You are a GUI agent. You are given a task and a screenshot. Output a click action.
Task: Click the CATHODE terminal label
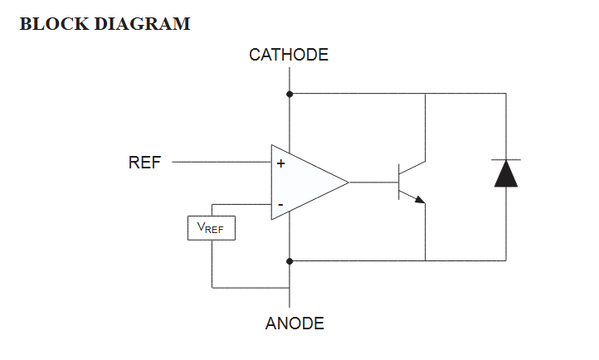click(289, 55)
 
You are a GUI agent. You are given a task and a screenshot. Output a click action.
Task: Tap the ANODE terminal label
click(295, 324)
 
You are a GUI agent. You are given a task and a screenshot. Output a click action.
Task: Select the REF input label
click(145, 163)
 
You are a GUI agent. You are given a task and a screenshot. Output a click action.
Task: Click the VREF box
click(212, 228)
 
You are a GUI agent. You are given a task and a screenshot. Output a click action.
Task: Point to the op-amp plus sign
click(280, 163)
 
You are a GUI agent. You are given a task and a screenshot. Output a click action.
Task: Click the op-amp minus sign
click(280, 205)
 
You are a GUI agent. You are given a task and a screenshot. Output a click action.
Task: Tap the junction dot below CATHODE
click(290, 94)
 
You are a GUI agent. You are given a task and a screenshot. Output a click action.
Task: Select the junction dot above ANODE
click(290, 261)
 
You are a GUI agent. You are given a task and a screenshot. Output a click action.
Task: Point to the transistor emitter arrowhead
click(420, 200)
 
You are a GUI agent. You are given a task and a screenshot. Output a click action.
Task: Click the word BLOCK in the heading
click(54, 24)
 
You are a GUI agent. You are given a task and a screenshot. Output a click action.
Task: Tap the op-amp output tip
click(348, 182)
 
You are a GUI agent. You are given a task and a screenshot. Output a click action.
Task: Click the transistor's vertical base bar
click(399, 182)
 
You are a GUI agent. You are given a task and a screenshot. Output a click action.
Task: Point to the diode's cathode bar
click(506, 159)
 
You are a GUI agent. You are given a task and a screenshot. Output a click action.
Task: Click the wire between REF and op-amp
click(222, 162)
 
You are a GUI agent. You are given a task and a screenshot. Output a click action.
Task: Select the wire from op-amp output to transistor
click(373, 182)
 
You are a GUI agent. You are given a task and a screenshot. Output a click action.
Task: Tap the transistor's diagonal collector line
click(412, 168)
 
